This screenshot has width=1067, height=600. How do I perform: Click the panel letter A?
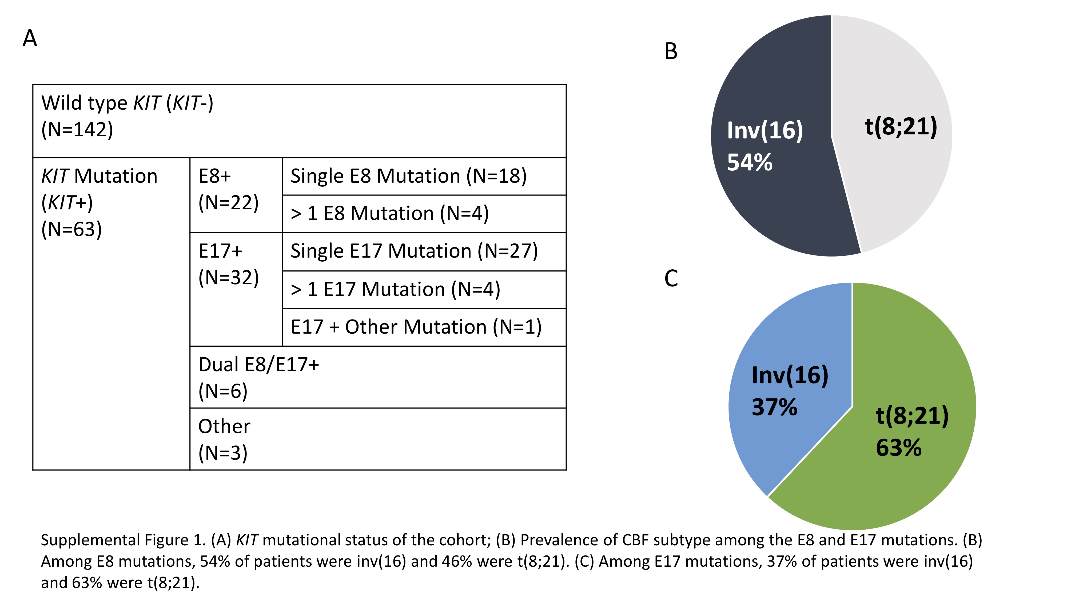[30, 38]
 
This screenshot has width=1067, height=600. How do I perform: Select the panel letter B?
[671, 52]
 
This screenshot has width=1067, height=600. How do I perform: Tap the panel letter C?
[671, 278]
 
